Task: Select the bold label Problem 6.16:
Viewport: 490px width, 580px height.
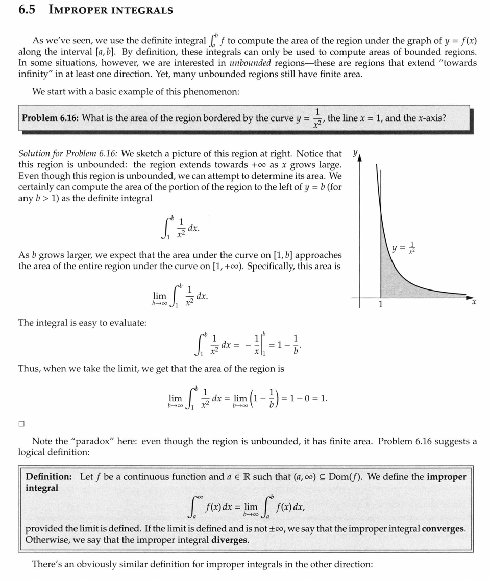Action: tap(50, 118)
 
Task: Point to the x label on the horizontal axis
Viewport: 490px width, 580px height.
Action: tap(474, 302)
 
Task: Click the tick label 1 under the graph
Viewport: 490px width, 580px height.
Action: tap(380, 305)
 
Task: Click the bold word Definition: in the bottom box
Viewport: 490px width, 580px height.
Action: tap(49, 477)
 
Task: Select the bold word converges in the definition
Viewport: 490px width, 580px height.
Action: tap(444, 528)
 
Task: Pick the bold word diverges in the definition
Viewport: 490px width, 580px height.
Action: tap(230, 540)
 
